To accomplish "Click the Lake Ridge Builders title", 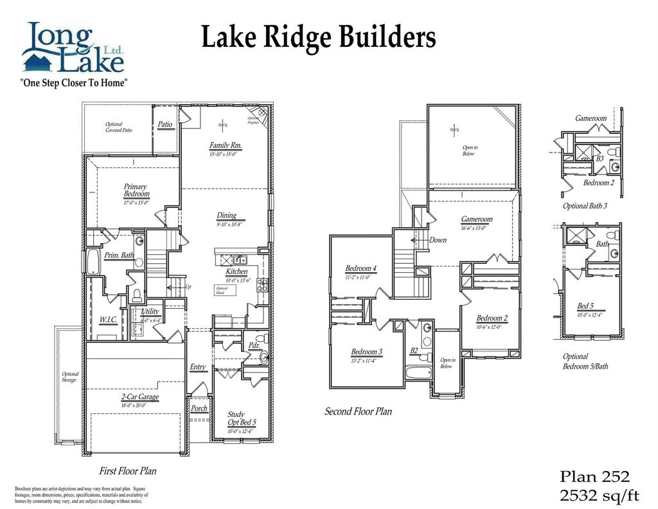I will click(319, 37).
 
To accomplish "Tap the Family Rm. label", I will click(225, 145).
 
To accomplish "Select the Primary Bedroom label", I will click(136, 190).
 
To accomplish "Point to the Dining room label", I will click(226, 216).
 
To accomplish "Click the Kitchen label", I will click(236, 272).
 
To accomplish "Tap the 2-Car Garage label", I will click(139, 397).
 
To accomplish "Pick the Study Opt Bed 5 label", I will click(242, 418).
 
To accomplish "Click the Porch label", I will click(199, 409).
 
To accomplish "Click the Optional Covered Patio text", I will click(118, 127).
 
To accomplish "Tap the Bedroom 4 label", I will click(360, 268).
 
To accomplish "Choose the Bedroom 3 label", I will click(367, 352).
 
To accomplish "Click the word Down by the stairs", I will click(438, 240).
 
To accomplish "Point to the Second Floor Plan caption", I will click(358, 411).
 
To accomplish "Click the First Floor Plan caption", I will click(127, 470).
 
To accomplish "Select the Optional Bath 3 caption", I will click(585, 206).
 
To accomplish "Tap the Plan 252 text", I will click(595, 477).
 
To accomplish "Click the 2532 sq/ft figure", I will click(600, 495).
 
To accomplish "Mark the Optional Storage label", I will click(70, 377).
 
